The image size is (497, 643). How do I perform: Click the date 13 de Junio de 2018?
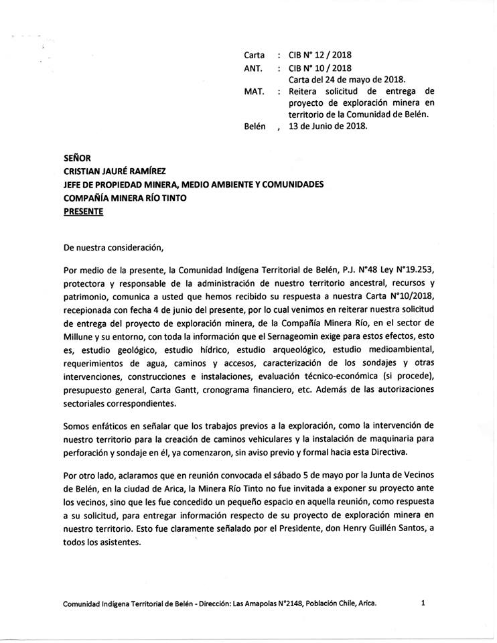point(328,126)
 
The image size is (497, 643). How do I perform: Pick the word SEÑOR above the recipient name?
point(78,160)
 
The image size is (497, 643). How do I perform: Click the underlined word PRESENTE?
point(83,210)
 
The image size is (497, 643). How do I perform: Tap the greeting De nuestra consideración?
point(113,247)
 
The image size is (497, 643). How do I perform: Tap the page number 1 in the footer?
point(424,603)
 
